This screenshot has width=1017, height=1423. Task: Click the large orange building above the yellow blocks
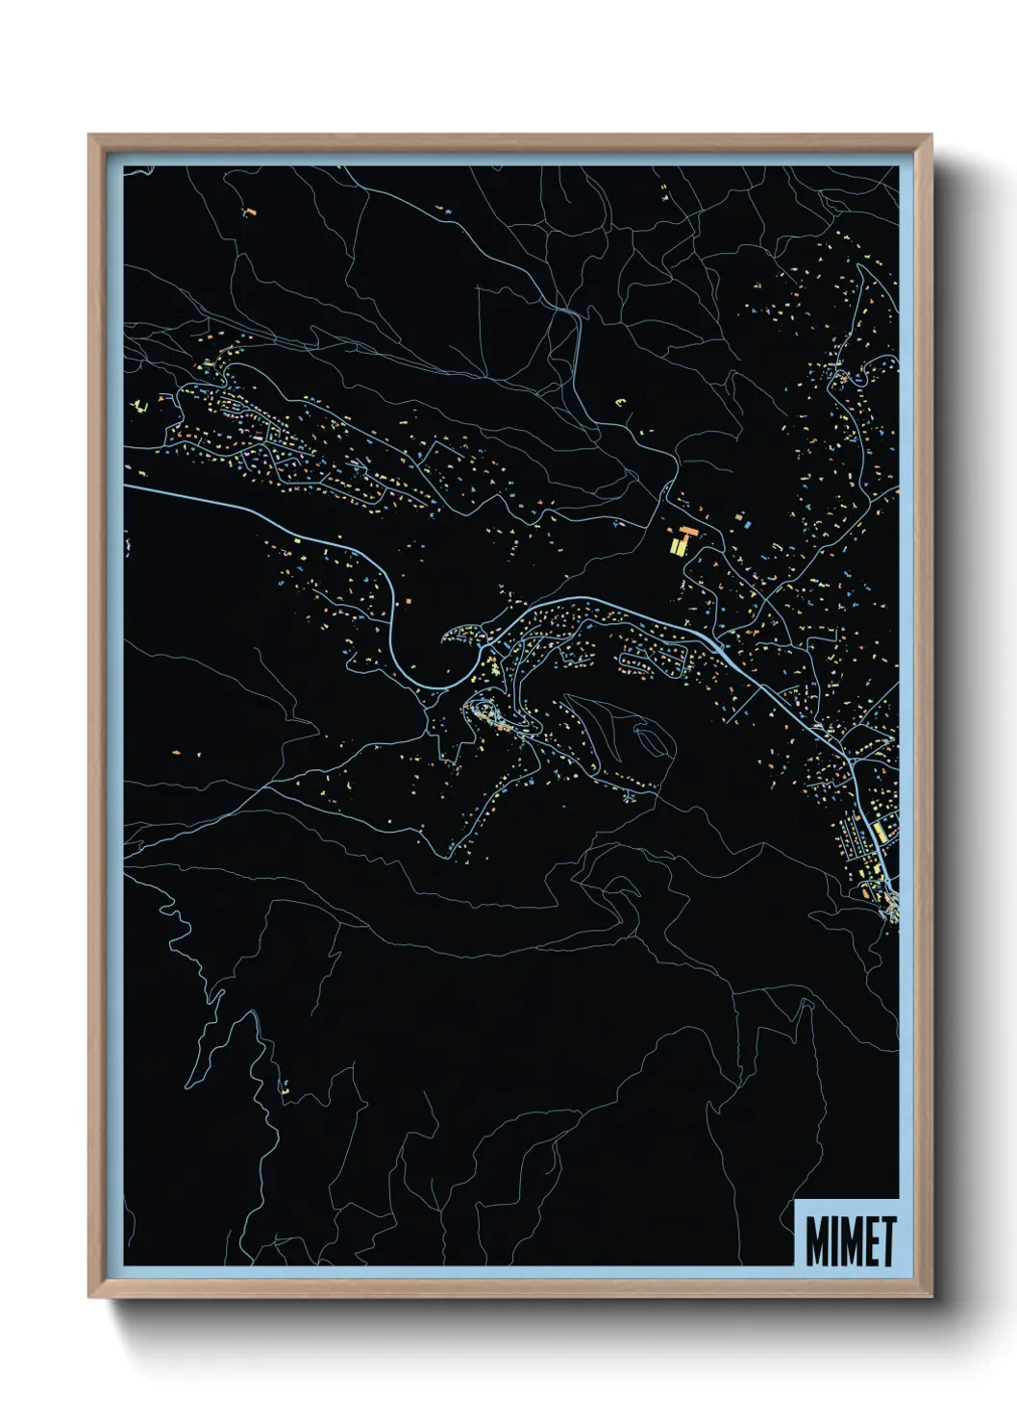(687, 530)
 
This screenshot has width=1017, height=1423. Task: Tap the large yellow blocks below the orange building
(678, 546)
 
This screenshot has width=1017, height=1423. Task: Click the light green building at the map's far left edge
(138, 406)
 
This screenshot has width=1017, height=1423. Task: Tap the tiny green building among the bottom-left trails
(285, 1089)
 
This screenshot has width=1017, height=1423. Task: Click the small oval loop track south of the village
(649, 741)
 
